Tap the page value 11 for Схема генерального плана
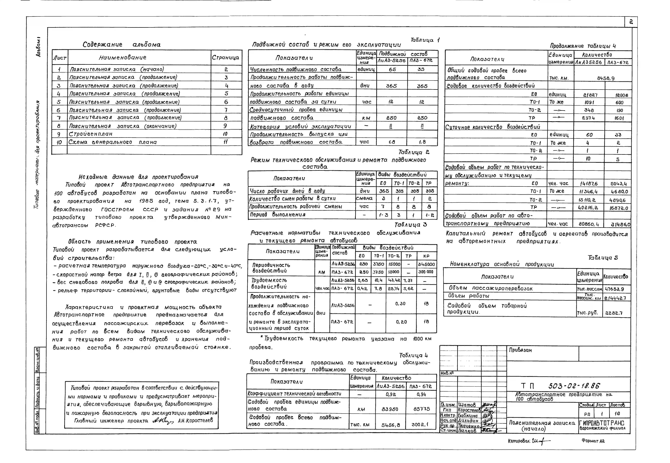tap(225, 142)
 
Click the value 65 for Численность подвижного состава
tap(392, 69)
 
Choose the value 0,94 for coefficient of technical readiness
tap(421, 394)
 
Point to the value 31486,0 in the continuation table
tap(620, 224)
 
